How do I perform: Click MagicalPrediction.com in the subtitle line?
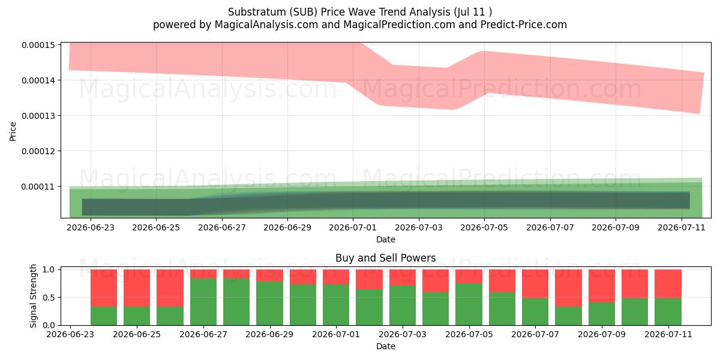pyautogui.click(x=399, y=25)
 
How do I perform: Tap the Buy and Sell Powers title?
pyautogui.click(x=385, y=258)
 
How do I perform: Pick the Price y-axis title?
pyautogui.click(x=13, y=131)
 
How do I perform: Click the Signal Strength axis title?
pyautogui.click(x=33, y=296)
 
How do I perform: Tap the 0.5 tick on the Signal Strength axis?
pyautogui.click(x=49, y=298)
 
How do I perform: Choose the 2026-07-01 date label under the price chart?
pyautogui.click(x=353, y=227)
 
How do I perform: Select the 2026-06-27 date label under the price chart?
pyautogui.click(x=222, y=227)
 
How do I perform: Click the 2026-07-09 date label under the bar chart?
pyautogui.click(x=602, y=334)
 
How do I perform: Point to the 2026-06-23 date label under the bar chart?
pyautogui.click(x=70, y=334)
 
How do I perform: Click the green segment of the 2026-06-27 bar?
pyautogui.click(x=203, y=302)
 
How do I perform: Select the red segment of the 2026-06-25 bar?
pyautogui.click(x=137, y=288)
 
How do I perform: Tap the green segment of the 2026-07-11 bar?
pyautogui.click(x=668, y=312)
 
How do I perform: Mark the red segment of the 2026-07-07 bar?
pyautogui.click(x=535, y=284)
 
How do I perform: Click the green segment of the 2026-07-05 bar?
pyautogui.click(x=469, y=304)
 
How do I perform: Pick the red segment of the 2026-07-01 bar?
pyautogui.click(x=336, y=277)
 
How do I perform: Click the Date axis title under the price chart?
pyautogui.click(x=386, y=239)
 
